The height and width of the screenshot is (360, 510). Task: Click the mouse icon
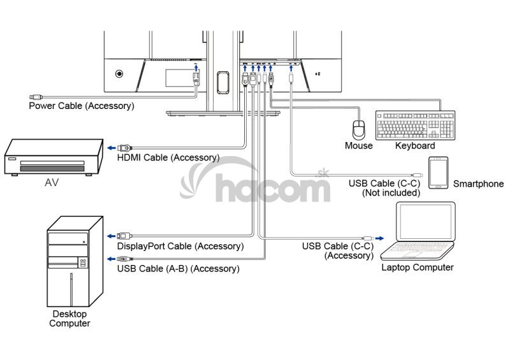[x=359, y=129]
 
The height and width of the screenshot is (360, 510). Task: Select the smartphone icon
[x=438, y=172]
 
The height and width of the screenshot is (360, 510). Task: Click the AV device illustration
[x=54, y=157]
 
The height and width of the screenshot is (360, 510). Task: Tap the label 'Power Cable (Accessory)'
[x=82, y=106]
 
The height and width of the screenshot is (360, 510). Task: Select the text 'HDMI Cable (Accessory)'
[x=168, y=157]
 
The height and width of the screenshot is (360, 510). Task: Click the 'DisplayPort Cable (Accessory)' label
[x=180, y=246]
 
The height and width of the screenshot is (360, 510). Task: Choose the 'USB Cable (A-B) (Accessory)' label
[x=178, y=269]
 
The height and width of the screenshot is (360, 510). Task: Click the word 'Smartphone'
[x=478, y=184]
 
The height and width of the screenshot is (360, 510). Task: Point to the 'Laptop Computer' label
[x=418, y=268]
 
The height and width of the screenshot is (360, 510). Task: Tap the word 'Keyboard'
[x=415, y=146]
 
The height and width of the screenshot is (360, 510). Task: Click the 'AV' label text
[x=52, y=182]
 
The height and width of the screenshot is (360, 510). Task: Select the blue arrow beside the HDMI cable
[x=111, y=147]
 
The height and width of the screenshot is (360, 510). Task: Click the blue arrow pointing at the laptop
[x=379, y=238]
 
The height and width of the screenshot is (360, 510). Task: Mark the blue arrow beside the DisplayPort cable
[x=111, y=236]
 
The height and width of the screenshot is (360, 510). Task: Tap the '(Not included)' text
[x=391, y=192]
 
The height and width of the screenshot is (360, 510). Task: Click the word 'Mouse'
[x=359, y=146]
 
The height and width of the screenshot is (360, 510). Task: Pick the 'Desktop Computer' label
[x=70, y=319]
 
